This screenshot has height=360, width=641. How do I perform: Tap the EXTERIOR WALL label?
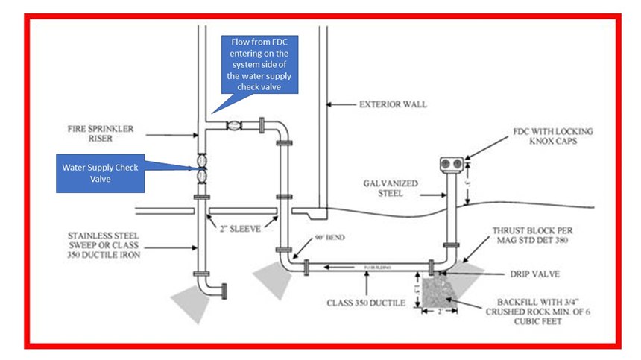(394, 104)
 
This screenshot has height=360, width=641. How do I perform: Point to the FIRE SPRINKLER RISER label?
(98, 135)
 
